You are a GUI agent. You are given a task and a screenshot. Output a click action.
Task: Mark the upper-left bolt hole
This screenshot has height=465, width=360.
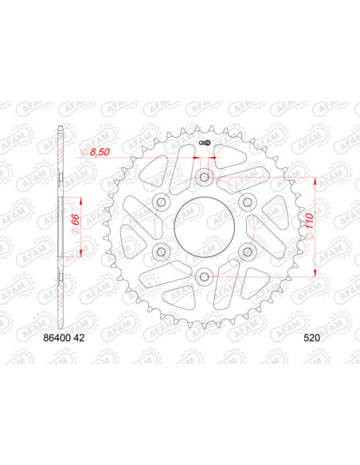[160, 201]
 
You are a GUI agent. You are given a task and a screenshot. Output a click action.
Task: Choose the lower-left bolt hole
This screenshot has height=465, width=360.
[160, 251]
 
